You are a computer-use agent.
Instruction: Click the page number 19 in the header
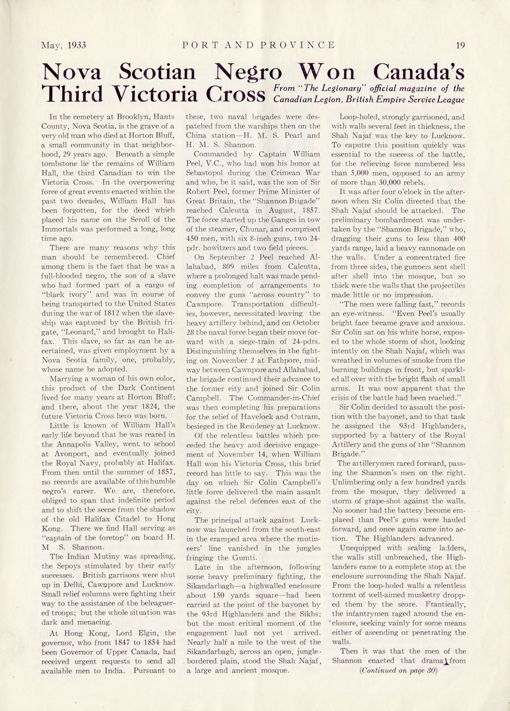coord(460,45)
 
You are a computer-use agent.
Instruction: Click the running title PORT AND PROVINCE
coord(259,45)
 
